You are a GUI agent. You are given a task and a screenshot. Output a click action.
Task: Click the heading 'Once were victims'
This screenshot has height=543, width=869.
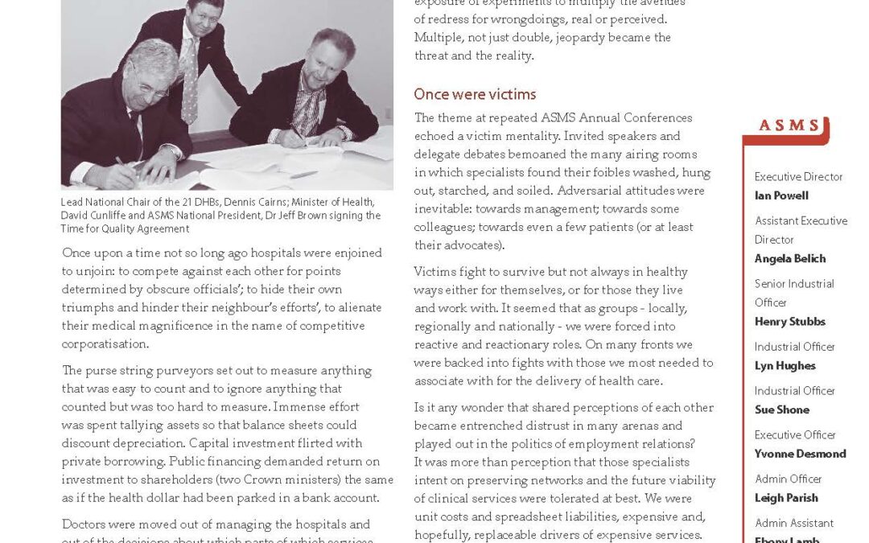tap(475, 95)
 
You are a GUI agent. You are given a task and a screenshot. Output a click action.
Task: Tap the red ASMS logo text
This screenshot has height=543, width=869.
tap(790, 126)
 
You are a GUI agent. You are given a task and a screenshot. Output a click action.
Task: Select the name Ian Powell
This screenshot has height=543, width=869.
tap(781, 195)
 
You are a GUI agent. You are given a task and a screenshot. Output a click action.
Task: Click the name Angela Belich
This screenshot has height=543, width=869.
tap(790, 258)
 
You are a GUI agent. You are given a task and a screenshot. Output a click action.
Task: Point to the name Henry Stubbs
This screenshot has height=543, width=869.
tap(789, 321)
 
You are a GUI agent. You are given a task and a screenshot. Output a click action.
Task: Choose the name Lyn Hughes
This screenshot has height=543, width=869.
tap(785, 365)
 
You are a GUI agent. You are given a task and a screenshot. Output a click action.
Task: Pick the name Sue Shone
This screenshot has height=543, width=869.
tap(781, 409)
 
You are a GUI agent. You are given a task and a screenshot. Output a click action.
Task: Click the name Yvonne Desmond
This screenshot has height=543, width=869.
tap(800, 454)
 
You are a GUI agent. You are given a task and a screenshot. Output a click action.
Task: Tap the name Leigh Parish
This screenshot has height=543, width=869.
tap(786, 498)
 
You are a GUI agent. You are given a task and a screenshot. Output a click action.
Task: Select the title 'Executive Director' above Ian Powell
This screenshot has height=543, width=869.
tap(798, 177)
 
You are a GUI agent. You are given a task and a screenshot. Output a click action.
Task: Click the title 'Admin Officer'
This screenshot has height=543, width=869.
tap(786, 479)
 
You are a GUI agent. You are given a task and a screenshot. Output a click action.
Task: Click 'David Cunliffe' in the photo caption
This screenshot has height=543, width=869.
tap(95, 216)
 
